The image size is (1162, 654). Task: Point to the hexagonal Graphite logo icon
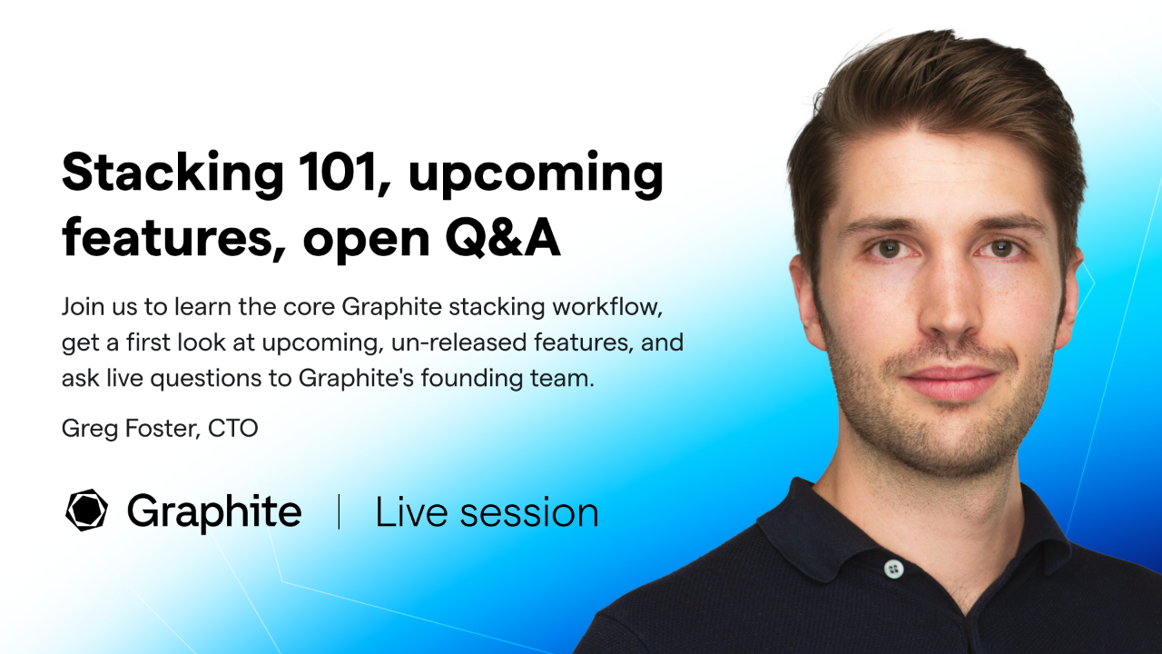click(x=87, y=510)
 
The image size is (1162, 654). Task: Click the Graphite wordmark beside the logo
click(x=214, y=511)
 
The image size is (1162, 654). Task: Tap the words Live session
click(x=487, y=512)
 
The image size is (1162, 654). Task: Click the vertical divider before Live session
click(x=339, y=512)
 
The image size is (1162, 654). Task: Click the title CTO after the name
click(x=233, y=428)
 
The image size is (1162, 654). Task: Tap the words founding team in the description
click(x=511, y=378)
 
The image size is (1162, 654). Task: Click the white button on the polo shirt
click(x=893, y=569)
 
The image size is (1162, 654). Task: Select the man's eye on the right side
click(x=1000, y=247)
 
